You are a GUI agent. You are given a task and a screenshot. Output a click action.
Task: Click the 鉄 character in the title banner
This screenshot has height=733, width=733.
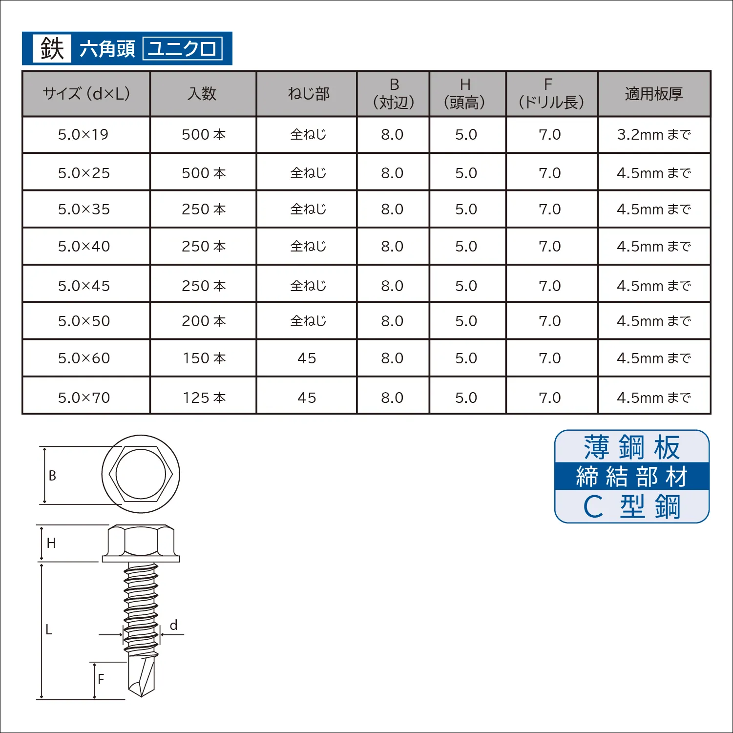tap(52, 48)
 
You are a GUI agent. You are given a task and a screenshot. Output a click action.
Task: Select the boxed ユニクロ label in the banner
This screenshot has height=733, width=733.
tap(183, 48)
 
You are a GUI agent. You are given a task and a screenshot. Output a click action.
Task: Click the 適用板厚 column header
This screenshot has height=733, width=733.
tap(654, 94)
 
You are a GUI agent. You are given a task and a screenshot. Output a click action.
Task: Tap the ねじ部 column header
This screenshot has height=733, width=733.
tap(309, 94)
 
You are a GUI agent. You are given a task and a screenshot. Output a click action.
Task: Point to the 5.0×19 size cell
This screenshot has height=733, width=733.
tap(84, 134)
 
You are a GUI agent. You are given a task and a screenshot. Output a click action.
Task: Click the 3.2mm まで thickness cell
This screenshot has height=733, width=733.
tap(654, 134)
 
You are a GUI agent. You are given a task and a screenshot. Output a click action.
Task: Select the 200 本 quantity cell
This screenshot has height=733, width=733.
tap(204, 321)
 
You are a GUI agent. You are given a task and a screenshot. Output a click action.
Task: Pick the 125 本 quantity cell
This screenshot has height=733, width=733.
tap(204, 398)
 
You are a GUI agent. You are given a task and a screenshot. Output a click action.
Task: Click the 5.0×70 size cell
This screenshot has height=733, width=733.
tap(84, 398)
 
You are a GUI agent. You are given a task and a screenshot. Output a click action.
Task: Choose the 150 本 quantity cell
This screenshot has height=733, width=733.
tap(204, 358)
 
